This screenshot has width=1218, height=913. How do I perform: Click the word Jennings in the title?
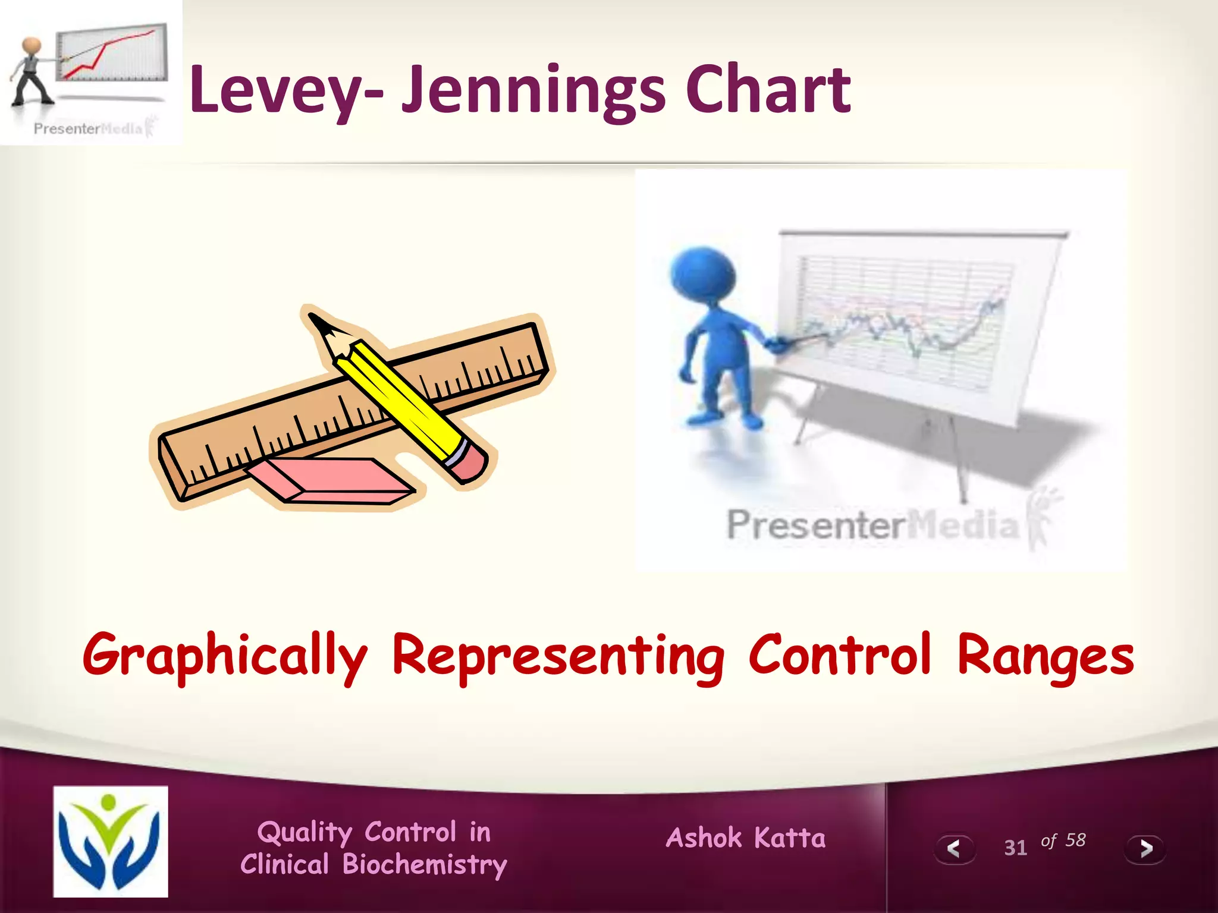(x=532, y=90)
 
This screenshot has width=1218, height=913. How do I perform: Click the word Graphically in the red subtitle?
(x=225, y=656)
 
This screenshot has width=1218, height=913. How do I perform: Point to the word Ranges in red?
(x=1046, y=656)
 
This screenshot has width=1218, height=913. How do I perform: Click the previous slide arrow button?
(x=954, y=849)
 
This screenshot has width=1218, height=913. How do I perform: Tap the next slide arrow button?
(x=1145, y=849)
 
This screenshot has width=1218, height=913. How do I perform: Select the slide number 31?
(x=1015, y=848)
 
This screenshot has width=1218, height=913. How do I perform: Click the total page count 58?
(x=1075, y=840)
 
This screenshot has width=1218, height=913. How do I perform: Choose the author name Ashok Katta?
(x=746, y=838)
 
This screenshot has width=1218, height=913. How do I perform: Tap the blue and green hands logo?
(x=111, y=840)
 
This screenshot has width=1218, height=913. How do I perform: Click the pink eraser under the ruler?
(x=331, y=480)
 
